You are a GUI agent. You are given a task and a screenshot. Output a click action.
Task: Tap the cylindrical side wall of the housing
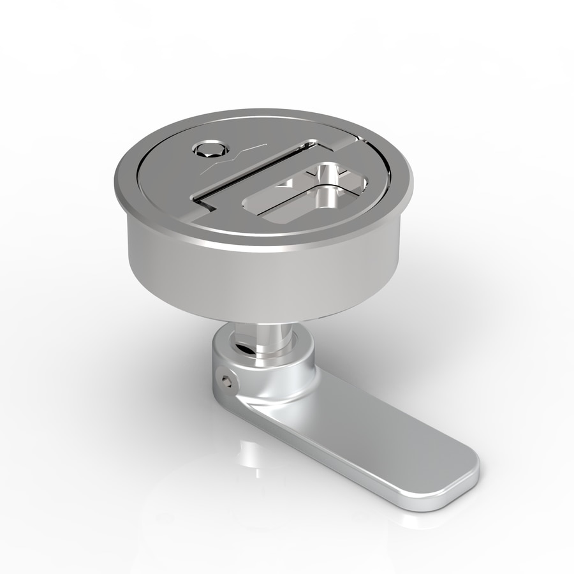pos(255,281)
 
